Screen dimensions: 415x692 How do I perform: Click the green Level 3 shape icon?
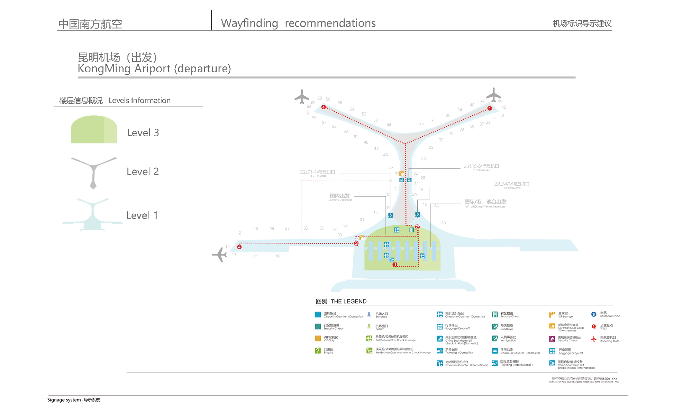click(94, 130)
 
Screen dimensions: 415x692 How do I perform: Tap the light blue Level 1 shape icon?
click(93, 215)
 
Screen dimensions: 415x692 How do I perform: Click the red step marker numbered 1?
click(395, 265)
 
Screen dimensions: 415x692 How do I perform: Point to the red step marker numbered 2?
click(417, 227)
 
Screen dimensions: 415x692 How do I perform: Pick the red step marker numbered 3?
click(356, 243)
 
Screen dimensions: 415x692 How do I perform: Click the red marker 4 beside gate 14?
click(239, 247)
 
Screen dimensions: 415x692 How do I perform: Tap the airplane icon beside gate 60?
click(302, 97)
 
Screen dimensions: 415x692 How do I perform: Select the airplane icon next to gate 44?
click(493, 95)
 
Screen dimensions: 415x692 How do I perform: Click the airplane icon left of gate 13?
click(219, 255)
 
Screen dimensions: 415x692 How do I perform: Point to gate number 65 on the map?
click(444, 223)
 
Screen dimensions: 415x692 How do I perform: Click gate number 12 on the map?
click(239, 233)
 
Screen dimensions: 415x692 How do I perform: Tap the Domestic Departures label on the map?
click(340, 197)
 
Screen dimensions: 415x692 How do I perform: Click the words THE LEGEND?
click(348, 302)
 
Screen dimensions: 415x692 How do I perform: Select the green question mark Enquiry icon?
click(318, 351)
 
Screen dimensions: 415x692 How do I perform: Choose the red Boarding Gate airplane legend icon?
click(594, 339)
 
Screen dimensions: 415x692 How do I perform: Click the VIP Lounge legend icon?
click(552, 315)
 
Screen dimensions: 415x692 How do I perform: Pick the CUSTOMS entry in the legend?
click(507, 327)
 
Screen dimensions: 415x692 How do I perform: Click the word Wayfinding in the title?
click(249, 23)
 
